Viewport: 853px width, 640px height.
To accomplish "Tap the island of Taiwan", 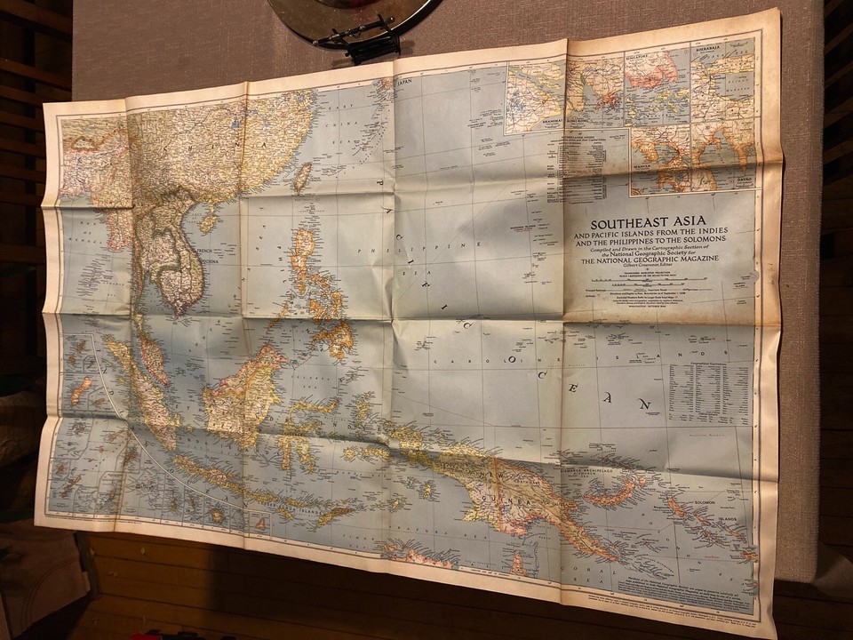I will (302, 177).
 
